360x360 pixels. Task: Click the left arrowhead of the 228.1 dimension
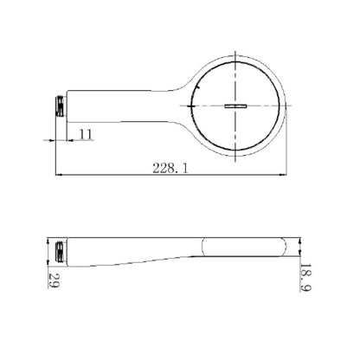click(59, 175)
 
